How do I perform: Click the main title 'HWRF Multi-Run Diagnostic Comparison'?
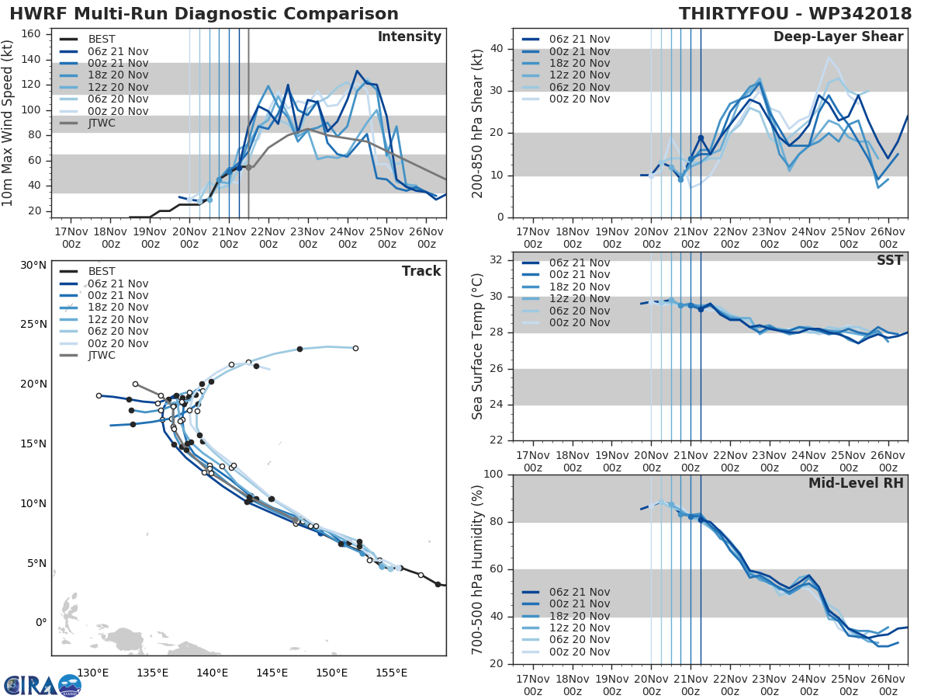point(204,14)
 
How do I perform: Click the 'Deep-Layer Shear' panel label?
point(838,37)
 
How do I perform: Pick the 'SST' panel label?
point(890,260)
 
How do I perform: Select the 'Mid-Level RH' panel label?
point(856,483)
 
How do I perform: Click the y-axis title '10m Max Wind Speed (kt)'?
point(9,123)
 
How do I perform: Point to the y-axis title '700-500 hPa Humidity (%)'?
point(478,569)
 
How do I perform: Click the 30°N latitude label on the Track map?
point(33,265)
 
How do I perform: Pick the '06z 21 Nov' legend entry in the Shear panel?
point(574,39)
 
